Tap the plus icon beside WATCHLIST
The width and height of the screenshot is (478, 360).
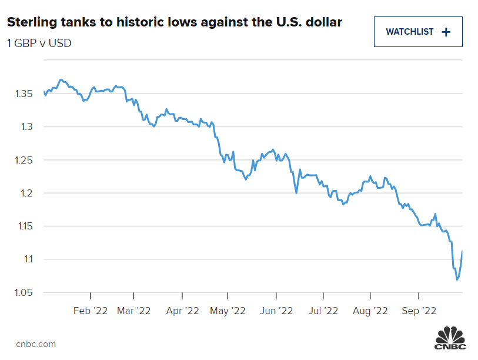pyautogui.click(x=446, y=32)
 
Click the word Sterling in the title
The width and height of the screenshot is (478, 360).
pyautogui.click(x=30, y=22)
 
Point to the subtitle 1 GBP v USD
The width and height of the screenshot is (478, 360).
pyautogui.click(x=39, y=43)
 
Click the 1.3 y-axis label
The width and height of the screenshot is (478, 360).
pyautogui.click(x=25, y=126)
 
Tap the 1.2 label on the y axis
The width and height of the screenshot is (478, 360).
pyautogui.click(x=25, y=193)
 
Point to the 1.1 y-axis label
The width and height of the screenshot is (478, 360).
pyautogui.click(x=25, y=259)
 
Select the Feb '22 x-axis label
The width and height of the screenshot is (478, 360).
pyautogui.click(x=91, y=310)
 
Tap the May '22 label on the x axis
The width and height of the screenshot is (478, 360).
pyautogui.click(x=228, y=310)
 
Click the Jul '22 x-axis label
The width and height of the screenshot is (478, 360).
pyautogui.click(x=323, y=310)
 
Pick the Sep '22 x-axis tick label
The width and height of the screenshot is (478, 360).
pyautogui.click(x=418, y=310)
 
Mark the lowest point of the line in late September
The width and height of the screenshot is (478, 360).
pyautogui.click(x=457, y=280)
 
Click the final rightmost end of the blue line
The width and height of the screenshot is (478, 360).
pyautogui.click(x=462, y=251)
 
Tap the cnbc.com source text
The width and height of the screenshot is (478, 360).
pyautogui.click(x=36, y=344)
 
